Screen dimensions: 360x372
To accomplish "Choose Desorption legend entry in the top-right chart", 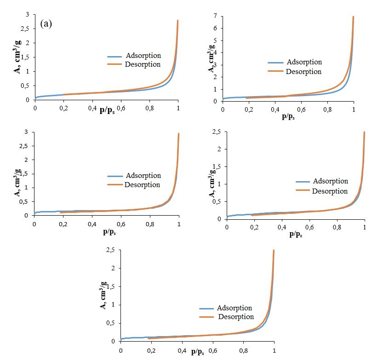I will pos(303,71).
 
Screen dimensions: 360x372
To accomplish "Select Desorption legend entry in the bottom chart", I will pos(236,316).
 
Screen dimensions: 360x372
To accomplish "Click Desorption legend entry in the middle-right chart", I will pos(330,190).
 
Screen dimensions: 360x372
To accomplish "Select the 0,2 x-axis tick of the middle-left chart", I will pos(63,224).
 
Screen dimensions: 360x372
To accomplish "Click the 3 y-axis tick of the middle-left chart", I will pos(29,132).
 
